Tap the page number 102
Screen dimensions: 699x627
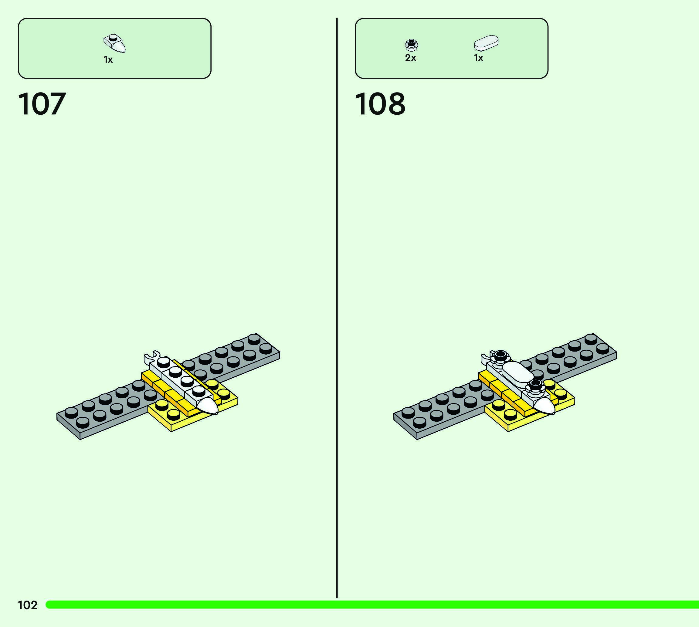tap(28, 605)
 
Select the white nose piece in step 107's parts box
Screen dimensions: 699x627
tap(115, 43)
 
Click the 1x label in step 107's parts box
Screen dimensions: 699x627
tap(108, 60)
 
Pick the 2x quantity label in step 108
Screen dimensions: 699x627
tap(411, 58)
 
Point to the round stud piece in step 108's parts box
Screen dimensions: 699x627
tap(411, 45)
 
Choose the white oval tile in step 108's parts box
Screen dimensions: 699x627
tap(486, 43)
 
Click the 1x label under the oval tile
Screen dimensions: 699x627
tap(478, 58)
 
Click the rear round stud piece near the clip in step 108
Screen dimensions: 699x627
tap(500, 356)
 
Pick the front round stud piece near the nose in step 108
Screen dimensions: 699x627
tap(535, 385)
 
